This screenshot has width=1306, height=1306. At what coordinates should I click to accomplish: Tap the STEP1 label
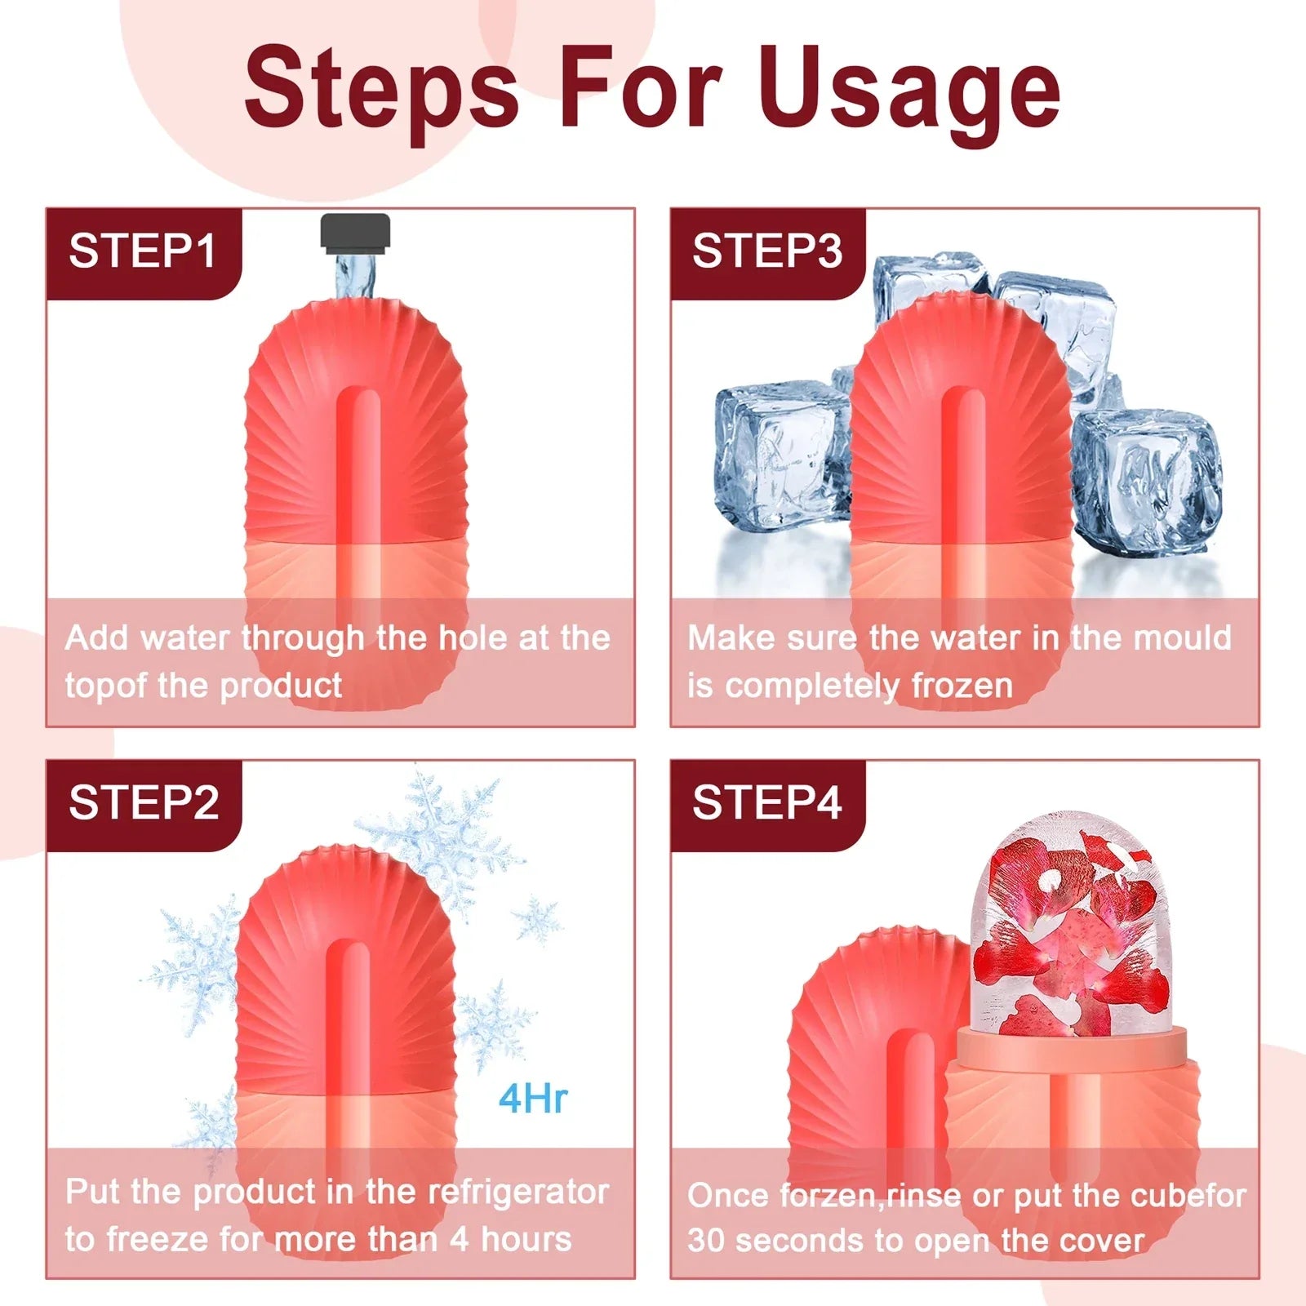143,251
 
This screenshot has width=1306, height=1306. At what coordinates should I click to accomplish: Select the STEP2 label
144,803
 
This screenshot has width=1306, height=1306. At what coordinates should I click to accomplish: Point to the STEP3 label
767,251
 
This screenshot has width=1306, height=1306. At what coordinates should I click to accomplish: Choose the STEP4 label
767,803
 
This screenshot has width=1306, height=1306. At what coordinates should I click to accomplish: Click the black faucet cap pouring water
355,231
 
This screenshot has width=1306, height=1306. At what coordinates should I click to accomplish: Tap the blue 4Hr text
533,1099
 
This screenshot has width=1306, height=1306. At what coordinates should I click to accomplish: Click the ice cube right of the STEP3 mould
1147,482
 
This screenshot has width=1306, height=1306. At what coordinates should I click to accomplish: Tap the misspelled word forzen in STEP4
828,1196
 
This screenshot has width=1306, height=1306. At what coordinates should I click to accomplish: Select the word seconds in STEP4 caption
804,1241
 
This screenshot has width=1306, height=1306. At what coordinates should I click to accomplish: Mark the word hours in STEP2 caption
526,1239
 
